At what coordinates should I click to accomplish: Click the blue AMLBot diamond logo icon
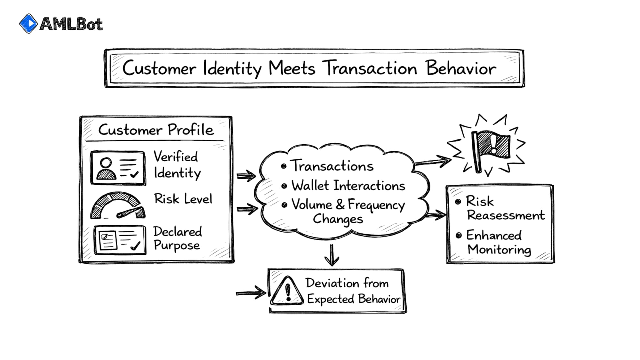pos(28,24)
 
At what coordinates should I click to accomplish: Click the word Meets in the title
pos(292,68)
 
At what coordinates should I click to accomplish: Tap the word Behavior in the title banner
pos(461,68)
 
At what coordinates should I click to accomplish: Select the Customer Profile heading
pos(156,130)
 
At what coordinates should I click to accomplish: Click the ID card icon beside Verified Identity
pos(118,168)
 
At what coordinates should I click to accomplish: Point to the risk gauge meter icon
pos(117,206)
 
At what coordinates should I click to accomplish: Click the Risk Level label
pos(183,199)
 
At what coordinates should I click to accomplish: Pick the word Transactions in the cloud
pos(332,166)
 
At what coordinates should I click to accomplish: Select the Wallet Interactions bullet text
pos(348,186)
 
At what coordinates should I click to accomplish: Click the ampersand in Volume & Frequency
pos(340,204)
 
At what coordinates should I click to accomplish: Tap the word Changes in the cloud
pos(338,219)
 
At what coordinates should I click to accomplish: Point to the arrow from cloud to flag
pos(433,161)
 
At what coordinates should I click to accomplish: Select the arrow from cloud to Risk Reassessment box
pos(436,215)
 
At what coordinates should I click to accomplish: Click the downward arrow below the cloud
pos(332,256)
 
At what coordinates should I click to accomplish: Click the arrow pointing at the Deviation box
pos(251,293)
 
